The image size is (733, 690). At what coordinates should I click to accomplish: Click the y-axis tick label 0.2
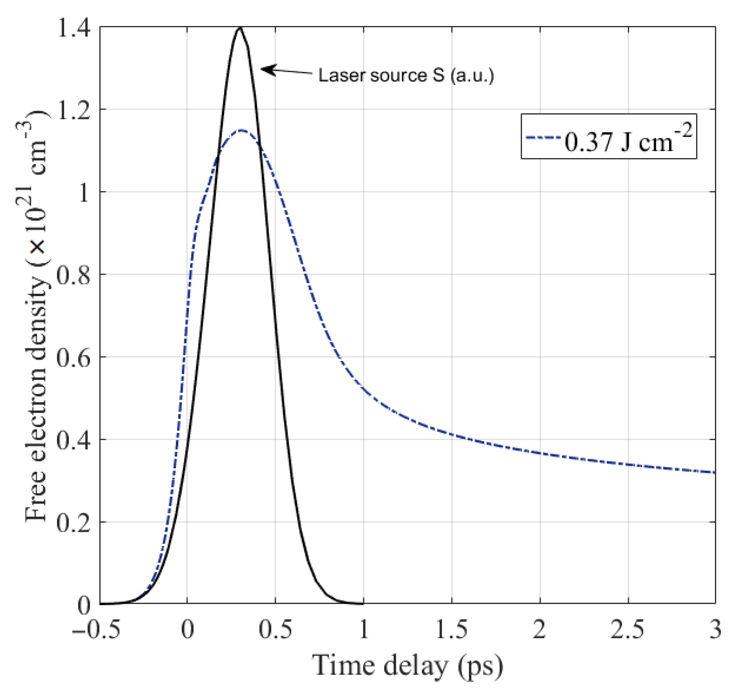tap(73, 523)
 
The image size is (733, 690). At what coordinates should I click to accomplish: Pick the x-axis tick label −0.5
tap(96, 629)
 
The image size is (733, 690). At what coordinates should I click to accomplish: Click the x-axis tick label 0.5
tap(275, 629)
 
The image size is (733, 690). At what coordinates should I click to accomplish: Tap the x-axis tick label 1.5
tap(451, 629)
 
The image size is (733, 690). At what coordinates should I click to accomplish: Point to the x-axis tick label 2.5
tap(627, 629)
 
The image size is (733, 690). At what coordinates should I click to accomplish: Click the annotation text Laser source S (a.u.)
tap(406, 76)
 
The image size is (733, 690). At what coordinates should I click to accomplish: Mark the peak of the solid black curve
tap(240, 28)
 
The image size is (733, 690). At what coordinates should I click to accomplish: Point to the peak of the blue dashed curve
tap(242, 130)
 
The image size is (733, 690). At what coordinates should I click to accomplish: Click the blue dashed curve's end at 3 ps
tap(714, 473)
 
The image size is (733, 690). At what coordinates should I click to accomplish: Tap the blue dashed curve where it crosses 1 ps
tap(364, 388)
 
